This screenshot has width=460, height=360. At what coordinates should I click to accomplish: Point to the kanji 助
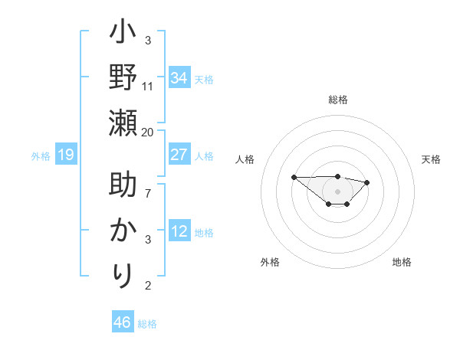(x=123, y=187)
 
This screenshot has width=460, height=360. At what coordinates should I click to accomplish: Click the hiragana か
(x=123, y=230)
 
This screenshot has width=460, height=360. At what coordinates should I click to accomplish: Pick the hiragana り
(x=123, y=273)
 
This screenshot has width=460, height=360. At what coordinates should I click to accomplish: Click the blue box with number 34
(x=179, y=78)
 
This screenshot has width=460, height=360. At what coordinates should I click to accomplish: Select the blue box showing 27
(x=179, y=155)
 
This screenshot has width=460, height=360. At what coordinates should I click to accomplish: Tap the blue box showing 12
(x=179, y=231)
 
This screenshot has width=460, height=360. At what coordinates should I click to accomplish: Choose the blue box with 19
(x=66, y=155)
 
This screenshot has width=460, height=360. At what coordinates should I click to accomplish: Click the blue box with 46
(x=123, y=322)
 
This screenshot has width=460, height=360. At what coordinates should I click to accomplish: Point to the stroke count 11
(x=148, y=86)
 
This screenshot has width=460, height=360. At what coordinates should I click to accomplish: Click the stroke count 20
(x=148, y=133)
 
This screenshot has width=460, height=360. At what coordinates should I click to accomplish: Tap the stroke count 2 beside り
(x=148, y=286)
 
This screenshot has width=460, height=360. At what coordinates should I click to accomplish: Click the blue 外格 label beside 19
(x=41, y=156)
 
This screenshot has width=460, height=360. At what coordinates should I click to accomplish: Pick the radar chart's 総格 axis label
(x=338, y=100)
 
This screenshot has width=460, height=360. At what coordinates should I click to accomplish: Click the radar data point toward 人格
(x=294, y=177)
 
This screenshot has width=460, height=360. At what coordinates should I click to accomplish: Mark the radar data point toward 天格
(x=367, y=182)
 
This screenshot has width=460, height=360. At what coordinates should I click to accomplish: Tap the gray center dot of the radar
(x=338, y=191)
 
